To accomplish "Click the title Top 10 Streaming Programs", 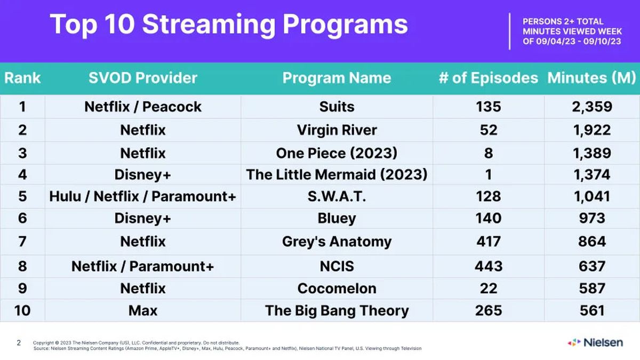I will point(228,24).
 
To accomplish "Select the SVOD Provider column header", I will point(143,78).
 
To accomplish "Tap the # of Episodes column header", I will point(488,78).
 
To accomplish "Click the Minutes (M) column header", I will point(592,78).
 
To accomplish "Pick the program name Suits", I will point(337,107).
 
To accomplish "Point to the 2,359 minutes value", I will point(592,107).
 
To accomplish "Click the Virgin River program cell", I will point(337,130).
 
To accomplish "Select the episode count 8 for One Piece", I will point(489,154).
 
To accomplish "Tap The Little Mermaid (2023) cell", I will point(337,174).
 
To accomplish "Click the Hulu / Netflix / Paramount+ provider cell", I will point(143,196).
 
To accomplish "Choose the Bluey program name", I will point(337,218).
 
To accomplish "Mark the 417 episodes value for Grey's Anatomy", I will point(489,242).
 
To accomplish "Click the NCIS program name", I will point(337,266).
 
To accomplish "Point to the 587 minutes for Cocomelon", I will point(592,289).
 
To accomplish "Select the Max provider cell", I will point(143,310).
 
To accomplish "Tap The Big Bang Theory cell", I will point(337,310).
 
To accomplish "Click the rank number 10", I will point(22,310).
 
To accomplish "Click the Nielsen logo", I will point(595,342).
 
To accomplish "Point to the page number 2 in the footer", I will point(19,343).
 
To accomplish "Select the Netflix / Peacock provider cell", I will point(143,107).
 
